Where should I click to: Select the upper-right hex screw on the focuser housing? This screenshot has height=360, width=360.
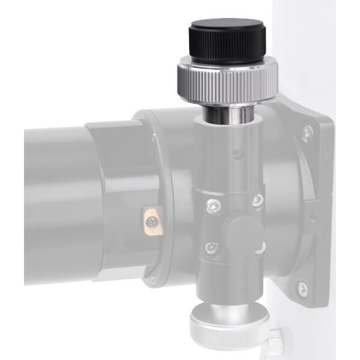click(x=257, y=199)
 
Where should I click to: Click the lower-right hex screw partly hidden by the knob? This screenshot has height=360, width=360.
click(x=262, y=246)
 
